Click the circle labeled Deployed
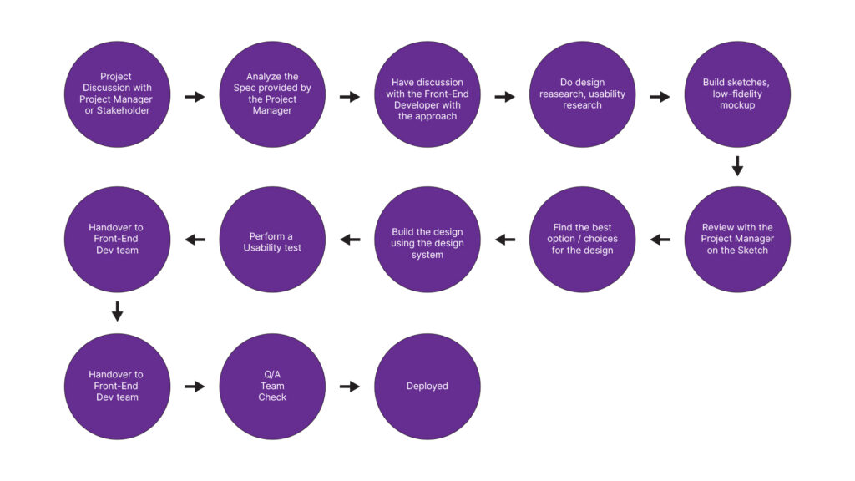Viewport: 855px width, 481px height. [x=427, y=387]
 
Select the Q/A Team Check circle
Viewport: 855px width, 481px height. [x=272, y=387]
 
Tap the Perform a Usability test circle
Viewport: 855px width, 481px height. [x=272, y=241]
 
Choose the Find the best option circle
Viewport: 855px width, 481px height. [x=583, y=240]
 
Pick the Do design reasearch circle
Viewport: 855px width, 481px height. [x=583, y=94]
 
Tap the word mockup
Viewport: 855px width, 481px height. [x=737, y=105]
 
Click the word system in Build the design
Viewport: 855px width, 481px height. [x=427, y=255]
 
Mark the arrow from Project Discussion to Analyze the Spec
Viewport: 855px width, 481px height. [x=195, y=97]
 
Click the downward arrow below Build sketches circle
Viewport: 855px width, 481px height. [x=737, y=167]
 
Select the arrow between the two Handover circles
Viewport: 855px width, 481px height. [x=117, y=312]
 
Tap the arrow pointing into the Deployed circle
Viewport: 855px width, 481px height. [x=350, y=387]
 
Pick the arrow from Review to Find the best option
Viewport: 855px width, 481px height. [x=660, y=240]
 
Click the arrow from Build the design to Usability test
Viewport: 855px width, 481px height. [x=350, y=240]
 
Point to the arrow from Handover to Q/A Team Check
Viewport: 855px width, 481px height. [x=195, y=387]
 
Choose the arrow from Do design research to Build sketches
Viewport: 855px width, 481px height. [x=660, y=97]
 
